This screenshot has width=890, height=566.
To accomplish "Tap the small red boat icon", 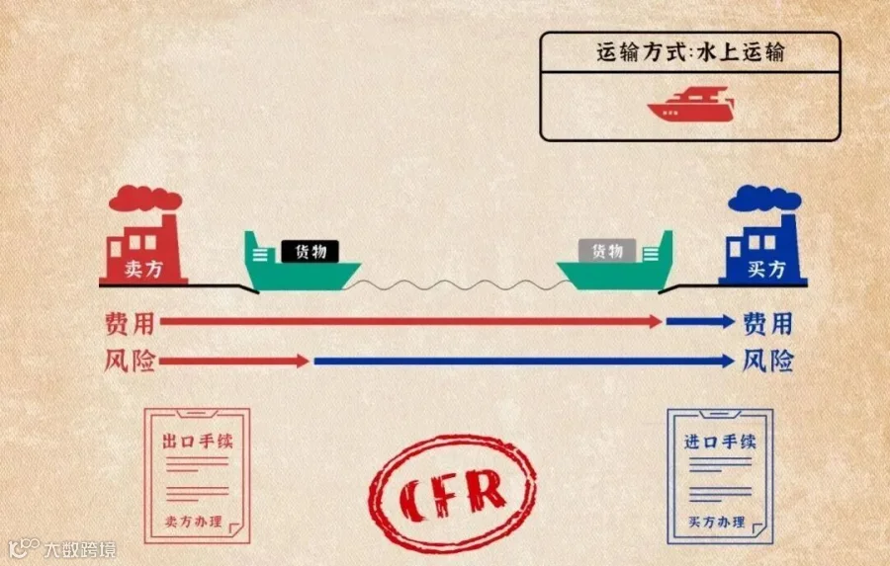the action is (691, 105).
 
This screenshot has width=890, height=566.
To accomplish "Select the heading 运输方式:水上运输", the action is (689, 52).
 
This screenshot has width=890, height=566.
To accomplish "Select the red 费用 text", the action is (130, 322).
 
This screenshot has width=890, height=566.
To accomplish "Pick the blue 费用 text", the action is (767, 322).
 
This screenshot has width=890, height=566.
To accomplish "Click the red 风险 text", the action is (130, 362).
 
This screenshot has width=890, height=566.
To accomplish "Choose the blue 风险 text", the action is (767, 362).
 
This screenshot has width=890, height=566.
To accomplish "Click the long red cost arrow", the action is (410, 321).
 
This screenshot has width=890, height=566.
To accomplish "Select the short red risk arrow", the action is (234, 362).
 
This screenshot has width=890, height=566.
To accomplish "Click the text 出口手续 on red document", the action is (198, 441).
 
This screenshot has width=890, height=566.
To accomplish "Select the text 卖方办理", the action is (194, 522).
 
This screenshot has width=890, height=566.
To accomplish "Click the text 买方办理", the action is (717, 522).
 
